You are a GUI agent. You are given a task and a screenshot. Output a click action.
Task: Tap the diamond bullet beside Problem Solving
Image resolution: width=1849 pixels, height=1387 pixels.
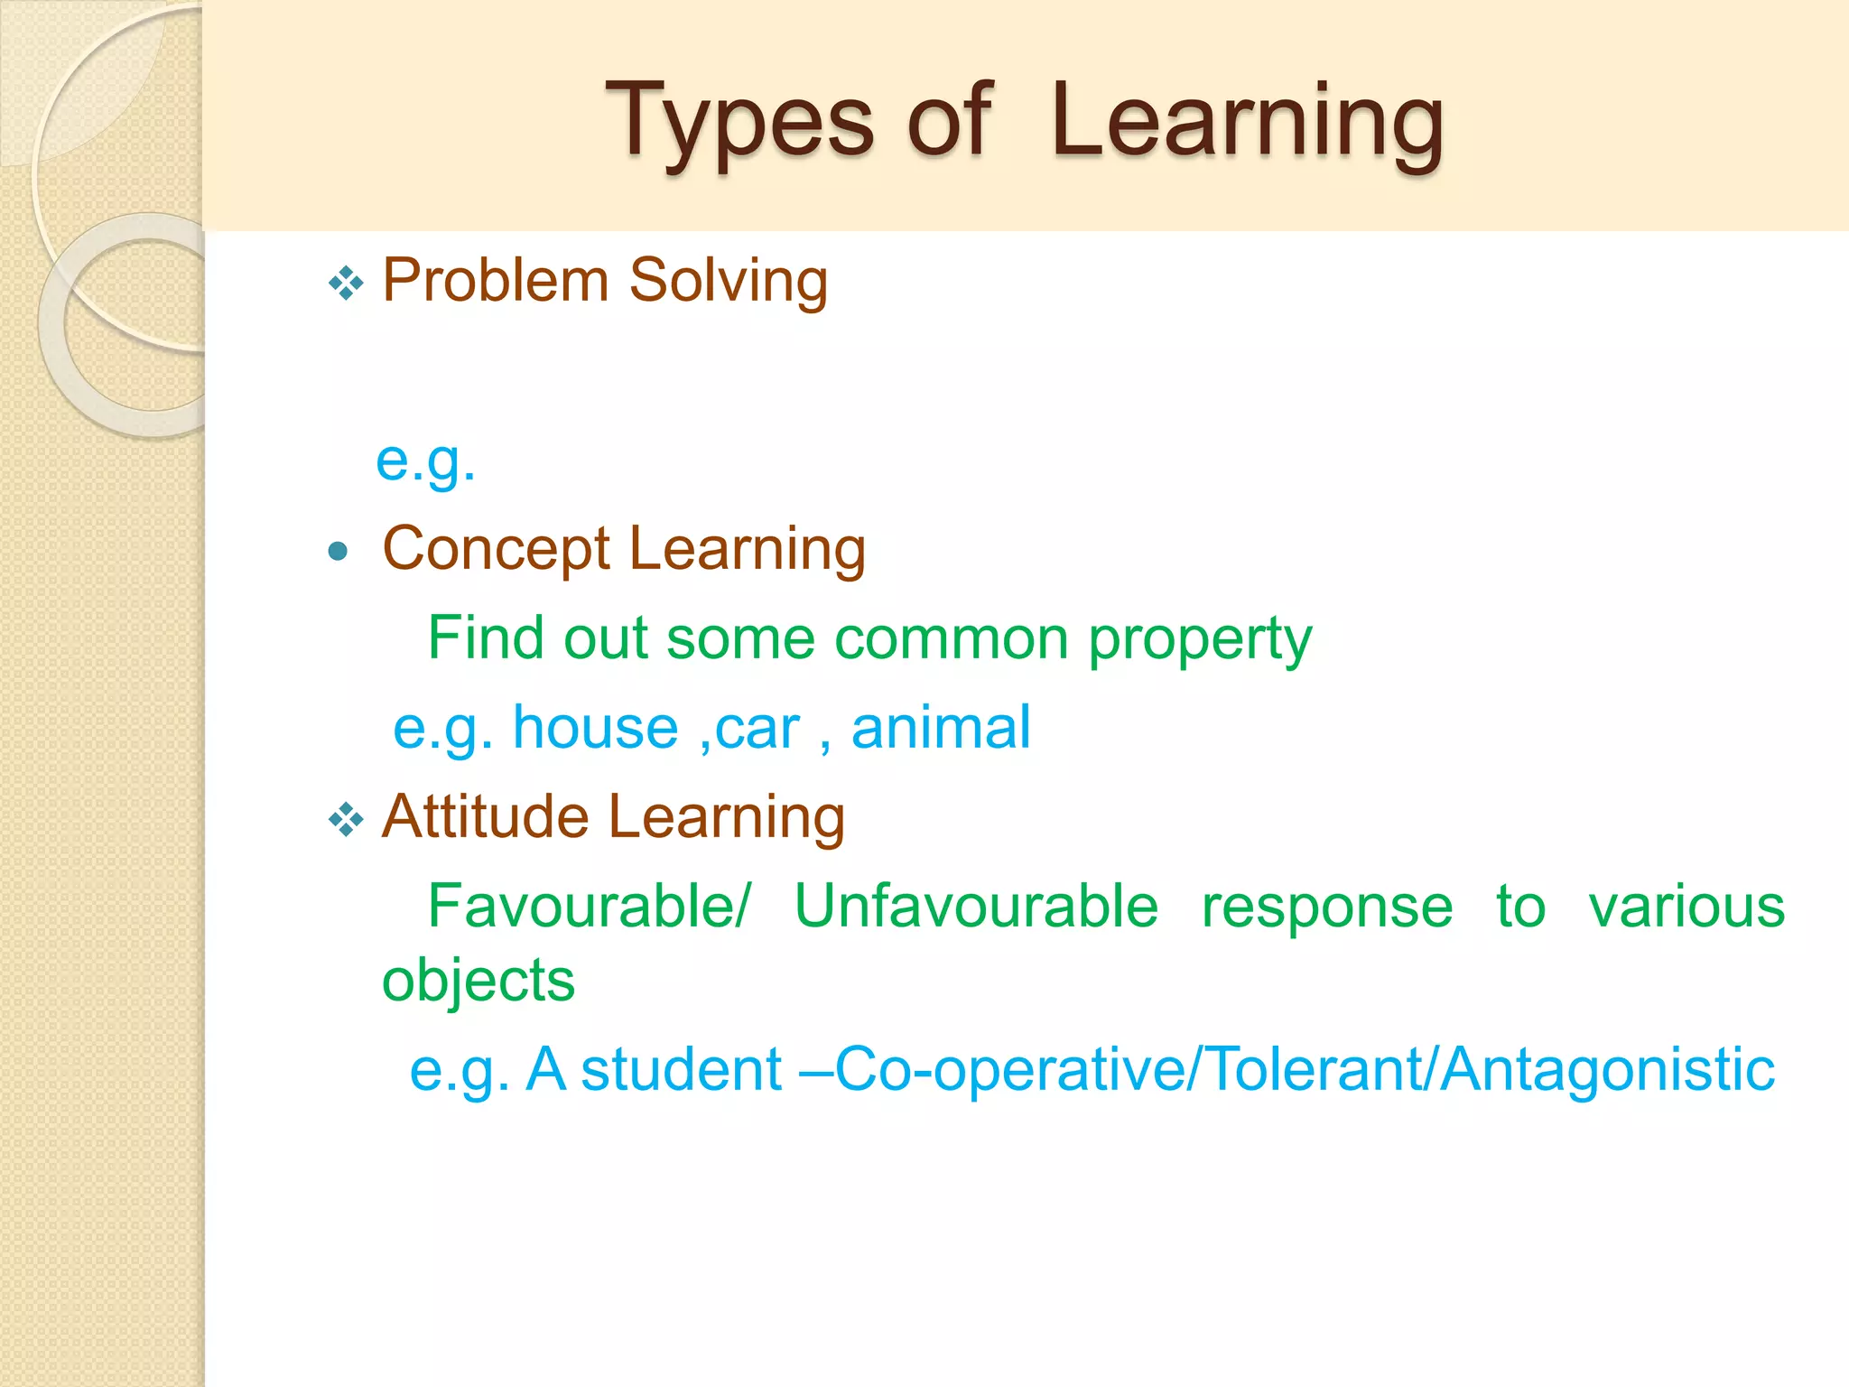[x=346, y=284]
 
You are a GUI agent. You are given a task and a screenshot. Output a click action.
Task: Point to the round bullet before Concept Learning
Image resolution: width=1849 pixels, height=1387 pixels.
[x=339, y=551]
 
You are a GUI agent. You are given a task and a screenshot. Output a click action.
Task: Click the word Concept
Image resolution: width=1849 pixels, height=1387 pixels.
[x=497, y=548]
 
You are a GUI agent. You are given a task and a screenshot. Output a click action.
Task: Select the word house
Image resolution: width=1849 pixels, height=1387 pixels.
[x=595, y=728]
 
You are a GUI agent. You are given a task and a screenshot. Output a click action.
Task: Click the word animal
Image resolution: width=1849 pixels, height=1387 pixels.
[x=940, y=728]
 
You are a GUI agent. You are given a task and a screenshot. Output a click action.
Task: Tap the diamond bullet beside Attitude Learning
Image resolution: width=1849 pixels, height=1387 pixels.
[x=346, y=820]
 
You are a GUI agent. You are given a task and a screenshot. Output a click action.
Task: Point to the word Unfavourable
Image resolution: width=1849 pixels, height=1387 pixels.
[x=976, y=907]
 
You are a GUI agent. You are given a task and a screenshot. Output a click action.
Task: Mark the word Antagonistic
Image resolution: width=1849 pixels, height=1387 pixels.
[x=1607, y=1070]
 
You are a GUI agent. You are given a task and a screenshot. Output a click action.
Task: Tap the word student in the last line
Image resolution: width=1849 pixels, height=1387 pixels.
[x=681, y=1070]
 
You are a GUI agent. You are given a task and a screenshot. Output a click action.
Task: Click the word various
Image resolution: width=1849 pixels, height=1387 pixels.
[x=1686, y=907]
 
